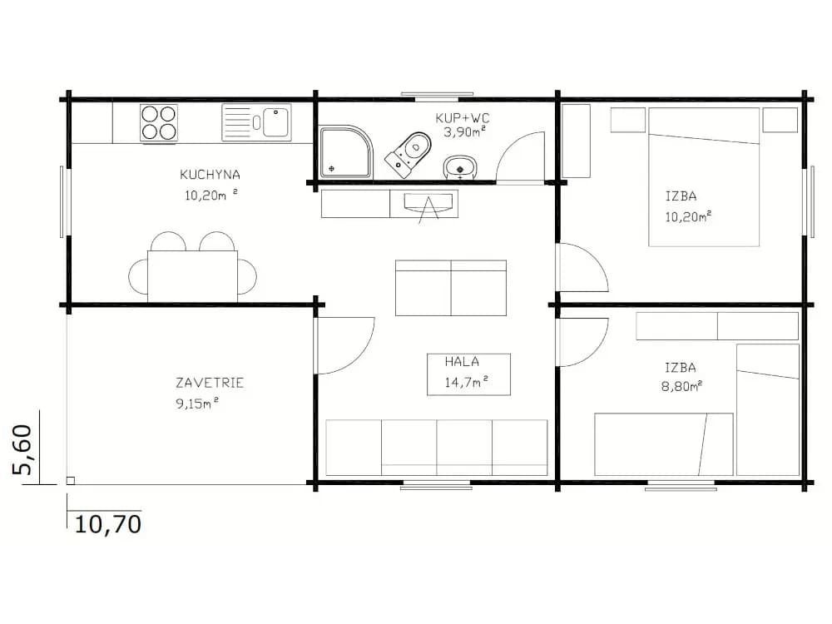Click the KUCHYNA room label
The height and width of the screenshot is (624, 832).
(x=210, y=175)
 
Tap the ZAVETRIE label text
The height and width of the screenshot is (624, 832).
(x=210, y=383)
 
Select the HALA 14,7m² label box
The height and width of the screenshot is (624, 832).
(x=468, y=374)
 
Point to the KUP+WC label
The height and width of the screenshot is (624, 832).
(x=462, y=118)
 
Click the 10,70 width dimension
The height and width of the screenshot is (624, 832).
(x=108, y=524)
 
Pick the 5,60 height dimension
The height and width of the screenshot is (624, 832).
(x=22, y=449)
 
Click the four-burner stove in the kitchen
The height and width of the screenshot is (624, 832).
(x=159, y=122)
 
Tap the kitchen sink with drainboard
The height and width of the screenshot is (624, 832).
(x=256, y=122)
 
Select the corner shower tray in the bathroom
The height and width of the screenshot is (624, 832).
(x=345, y=151)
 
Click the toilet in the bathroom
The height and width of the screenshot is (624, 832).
(x=409, y=155)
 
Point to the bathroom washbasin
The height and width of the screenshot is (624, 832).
(x=460, y=168)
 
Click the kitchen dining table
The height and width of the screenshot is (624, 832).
(x=193, y=276)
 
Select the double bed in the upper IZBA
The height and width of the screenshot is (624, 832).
(x=704, y=177)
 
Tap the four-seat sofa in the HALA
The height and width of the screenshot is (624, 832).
(x=436, y=448)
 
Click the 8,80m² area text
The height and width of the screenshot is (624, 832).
(x=682, y=386)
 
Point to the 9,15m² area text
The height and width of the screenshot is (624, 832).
(x=197, y=404)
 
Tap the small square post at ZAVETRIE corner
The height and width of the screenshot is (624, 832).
(x=70, y=481)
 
